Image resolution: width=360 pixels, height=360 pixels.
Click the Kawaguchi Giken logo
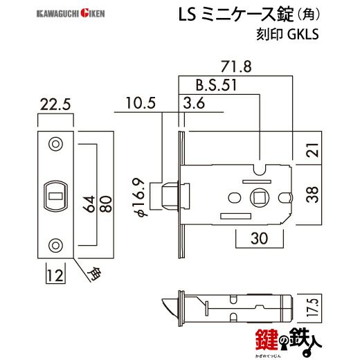[x=71, y=13]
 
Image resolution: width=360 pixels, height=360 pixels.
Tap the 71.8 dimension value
[x=236, y=66]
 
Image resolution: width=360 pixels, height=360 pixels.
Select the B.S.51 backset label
[x=216, y=85]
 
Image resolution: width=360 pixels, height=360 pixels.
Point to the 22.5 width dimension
[x=55, y=105]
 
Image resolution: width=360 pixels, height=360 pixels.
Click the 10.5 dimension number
[x=141, y=103]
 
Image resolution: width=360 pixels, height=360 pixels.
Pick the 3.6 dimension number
[x=194, y=103]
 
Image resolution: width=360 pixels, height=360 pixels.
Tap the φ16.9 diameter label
[x=141, y=197]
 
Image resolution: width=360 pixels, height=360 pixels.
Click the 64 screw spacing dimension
[x=89, y=204]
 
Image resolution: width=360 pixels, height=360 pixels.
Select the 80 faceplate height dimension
[x=106, y=204]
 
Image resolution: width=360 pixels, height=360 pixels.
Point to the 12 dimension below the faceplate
[x=55, y=276]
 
